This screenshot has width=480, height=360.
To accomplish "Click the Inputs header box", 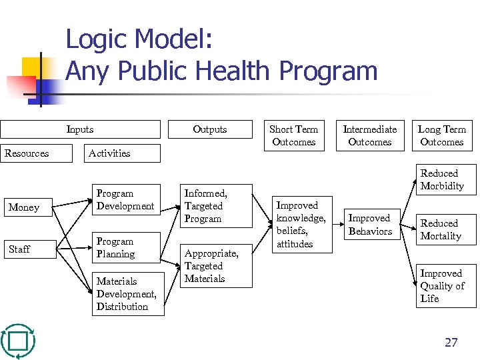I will click(80, 129).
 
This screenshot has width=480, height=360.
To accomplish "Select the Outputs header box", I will click(210, 129).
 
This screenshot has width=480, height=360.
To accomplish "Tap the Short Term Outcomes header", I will click(293, 135).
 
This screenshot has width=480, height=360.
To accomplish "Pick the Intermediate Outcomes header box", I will click(369, 135).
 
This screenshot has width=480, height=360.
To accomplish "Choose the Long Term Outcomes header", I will click(441, 135).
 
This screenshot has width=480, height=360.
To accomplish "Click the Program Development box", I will click(125, 200).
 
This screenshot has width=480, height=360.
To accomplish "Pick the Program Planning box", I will click(125, 247).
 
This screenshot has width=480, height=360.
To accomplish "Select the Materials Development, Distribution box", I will click(127, 294).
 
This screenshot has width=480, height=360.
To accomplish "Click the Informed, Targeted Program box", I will click(217, 206).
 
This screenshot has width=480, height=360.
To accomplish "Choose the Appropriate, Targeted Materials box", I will click(217, 266).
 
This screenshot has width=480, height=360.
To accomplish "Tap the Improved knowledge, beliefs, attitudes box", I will click(301, 225).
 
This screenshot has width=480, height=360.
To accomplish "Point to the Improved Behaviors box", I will click(371, 225).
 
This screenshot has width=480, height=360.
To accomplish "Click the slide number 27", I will click(451, 343).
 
